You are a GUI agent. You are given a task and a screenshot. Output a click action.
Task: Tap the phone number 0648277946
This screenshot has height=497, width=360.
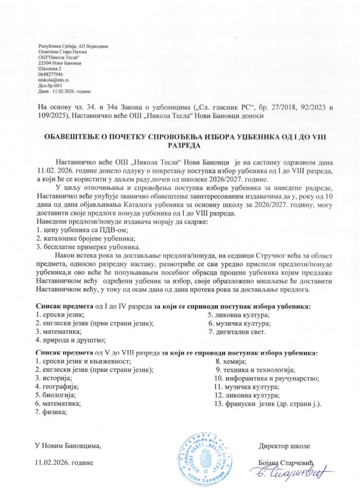coord(50,74)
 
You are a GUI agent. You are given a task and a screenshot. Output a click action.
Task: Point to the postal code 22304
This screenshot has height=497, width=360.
coord(44,63)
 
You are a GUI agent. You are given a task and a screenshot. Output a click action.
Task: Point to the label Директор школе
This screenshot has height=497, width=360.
coord(284,446)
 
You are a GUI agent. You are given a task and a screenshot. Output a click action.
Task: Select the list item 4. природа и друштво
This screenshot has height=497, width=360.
coord(71,340)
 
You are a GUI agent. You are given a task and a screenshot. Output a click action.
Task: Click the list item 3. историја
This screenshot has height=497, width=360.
coord(54,378)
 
